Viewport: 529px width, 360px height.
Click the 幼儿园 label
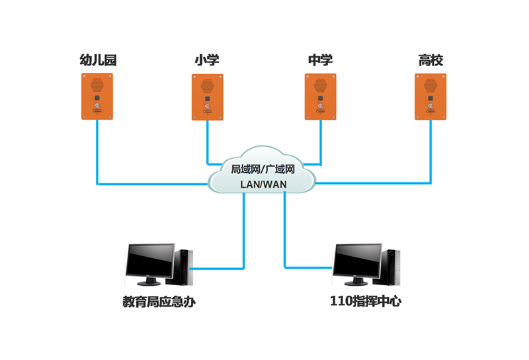(98, 61)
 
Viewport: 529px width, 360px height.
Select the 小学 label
(207, 61)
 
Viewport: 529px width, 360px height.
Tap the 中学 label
(320, 61)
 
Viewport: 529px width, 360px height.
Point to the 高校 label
(430, 61)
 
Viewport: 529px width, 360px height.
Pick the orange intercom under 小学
(208, 97)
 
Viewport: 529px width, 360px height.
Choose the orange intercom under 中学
(320, 97)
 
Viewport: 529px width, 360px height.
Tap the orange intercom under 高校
(430, 97)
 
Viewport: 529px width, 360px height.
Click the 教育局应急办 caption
(159, 302)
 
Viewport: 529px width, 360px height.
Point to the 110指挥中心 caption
(366, 302)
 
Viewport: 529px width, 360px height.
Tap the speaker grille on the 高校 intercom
(430, 85)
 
